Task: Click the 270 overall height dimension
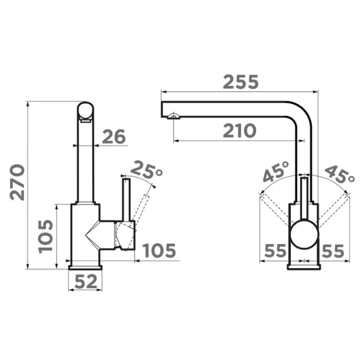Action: (17, 182)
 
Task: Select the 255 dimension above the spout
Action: (240, 82)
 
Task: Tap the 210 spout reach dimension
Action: (239, 131)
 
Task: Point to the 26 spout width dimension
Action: (114, 136)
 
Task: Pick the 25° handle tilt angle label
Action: (146, 170)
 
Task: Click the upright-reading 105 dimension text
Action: (159, 250)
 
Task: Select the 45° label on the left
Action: (276, 172)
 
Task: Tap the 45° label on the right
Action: (340, 174)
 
